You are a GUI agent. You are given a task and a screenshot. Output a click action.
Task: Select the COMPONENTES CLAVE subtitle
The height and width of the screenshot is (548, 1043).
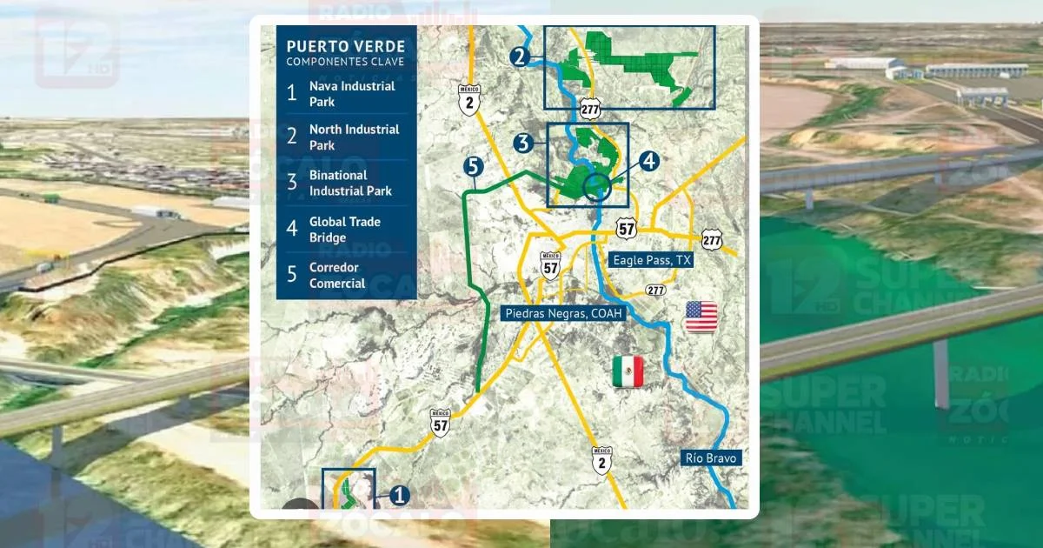tap(344, 62)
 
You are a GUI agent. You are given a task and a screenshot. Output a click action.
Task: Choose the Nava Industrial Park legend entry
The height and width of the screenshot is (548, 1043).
tap(351, 94)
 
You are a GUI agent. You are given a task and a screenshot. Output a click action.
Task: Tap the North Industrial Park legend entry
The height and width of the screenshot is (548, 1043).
tap(354, 137)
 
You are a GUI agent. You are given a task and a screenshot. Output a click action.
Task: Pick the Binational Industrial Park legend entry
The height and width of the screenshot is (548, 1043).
tap(349, 183)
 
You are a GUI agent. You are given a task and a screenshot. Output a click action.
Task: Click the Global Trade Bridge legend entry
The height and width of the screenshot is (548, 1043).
tap(344, 230)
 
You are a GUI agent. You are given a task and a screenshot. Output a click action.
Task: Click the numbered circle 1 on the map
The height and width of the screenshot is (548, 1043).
tap(399, 495)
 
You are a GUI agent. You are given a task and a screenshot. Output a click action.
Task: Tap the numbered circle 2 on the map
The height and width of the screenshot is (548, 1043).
tap(520, 58)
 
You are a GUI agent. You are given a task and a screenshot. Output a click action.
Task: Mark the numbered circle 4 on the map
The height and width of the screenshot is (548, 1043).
tap(649, 161)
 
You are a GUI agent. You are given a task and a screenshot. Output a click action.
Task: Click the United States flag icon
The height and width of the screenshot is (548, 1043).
tap(701, 317)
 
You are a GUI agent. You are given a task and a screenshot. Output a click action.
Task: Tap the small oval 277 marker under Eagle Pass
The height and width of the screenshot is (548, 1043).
tap(656, 290)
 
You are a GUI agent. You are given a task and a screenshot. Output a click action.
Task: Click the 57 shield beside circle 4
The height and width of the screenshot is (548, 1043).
tap(626, 228)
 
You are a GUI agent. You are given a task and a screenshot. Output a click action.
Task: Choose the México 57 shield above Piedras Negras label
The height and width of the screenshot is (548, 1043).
tap(549, 265)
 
